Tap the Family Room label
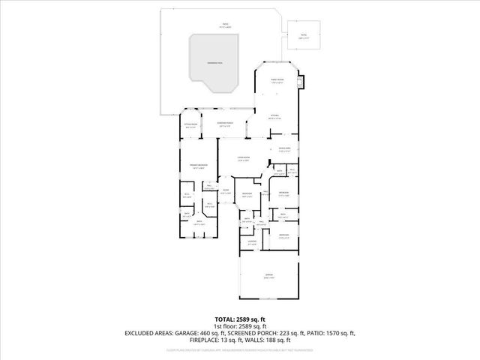(x=277, y=79)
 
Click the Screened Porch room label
(x=224, y=124)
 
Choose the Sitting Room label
(x=190, y=126)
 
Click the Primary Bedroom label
(x=198, y=166)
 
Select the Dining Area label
(x=284, y=149)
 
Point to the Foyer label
(x=225, y=191)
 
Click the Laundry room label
(x=252, y=241)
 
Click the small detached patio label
(x=304, y=34)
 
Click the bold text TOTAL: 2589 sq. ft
(x=239, y=319)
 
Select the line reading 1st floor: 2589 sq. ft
(x=239, y=326)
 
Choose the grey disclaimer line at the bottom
(x=239, y=350)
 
